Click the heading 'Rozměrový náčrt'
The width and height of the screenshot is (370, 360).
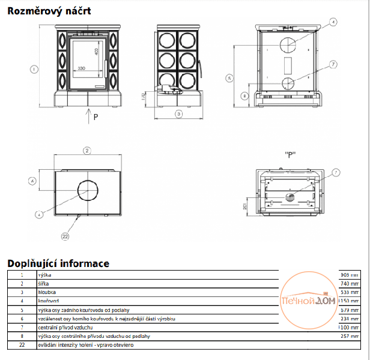click(46, 10)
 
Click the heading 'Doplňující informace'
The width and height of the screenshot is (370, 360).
click(58, 263)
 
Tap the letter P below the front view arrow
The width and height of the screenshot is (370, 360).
click(95, 116)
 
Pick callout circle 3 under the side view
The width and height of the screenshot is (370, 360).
click(178, 113)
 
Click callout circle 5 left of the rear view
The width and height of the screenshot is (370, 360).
click(229, 77)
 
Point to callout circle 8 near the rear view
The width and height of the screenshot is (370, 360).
click(244, 95)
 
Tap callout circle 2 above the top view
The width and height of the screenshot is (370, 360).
click(87, 150)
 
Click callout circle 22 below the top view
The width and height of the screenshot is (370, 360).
click(65, 236)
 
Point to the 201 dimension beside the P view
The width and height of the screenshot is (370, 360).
click(246, 207)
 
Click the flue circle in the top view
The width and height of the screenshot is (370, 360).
click(87, 188)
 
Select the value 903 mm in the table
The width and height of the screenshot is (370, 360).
click(348, 274)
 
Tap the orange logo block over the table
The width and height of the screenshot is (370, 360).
click(309, 300)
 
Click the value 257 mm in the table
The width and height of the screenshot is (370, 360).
click(350, 337)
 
